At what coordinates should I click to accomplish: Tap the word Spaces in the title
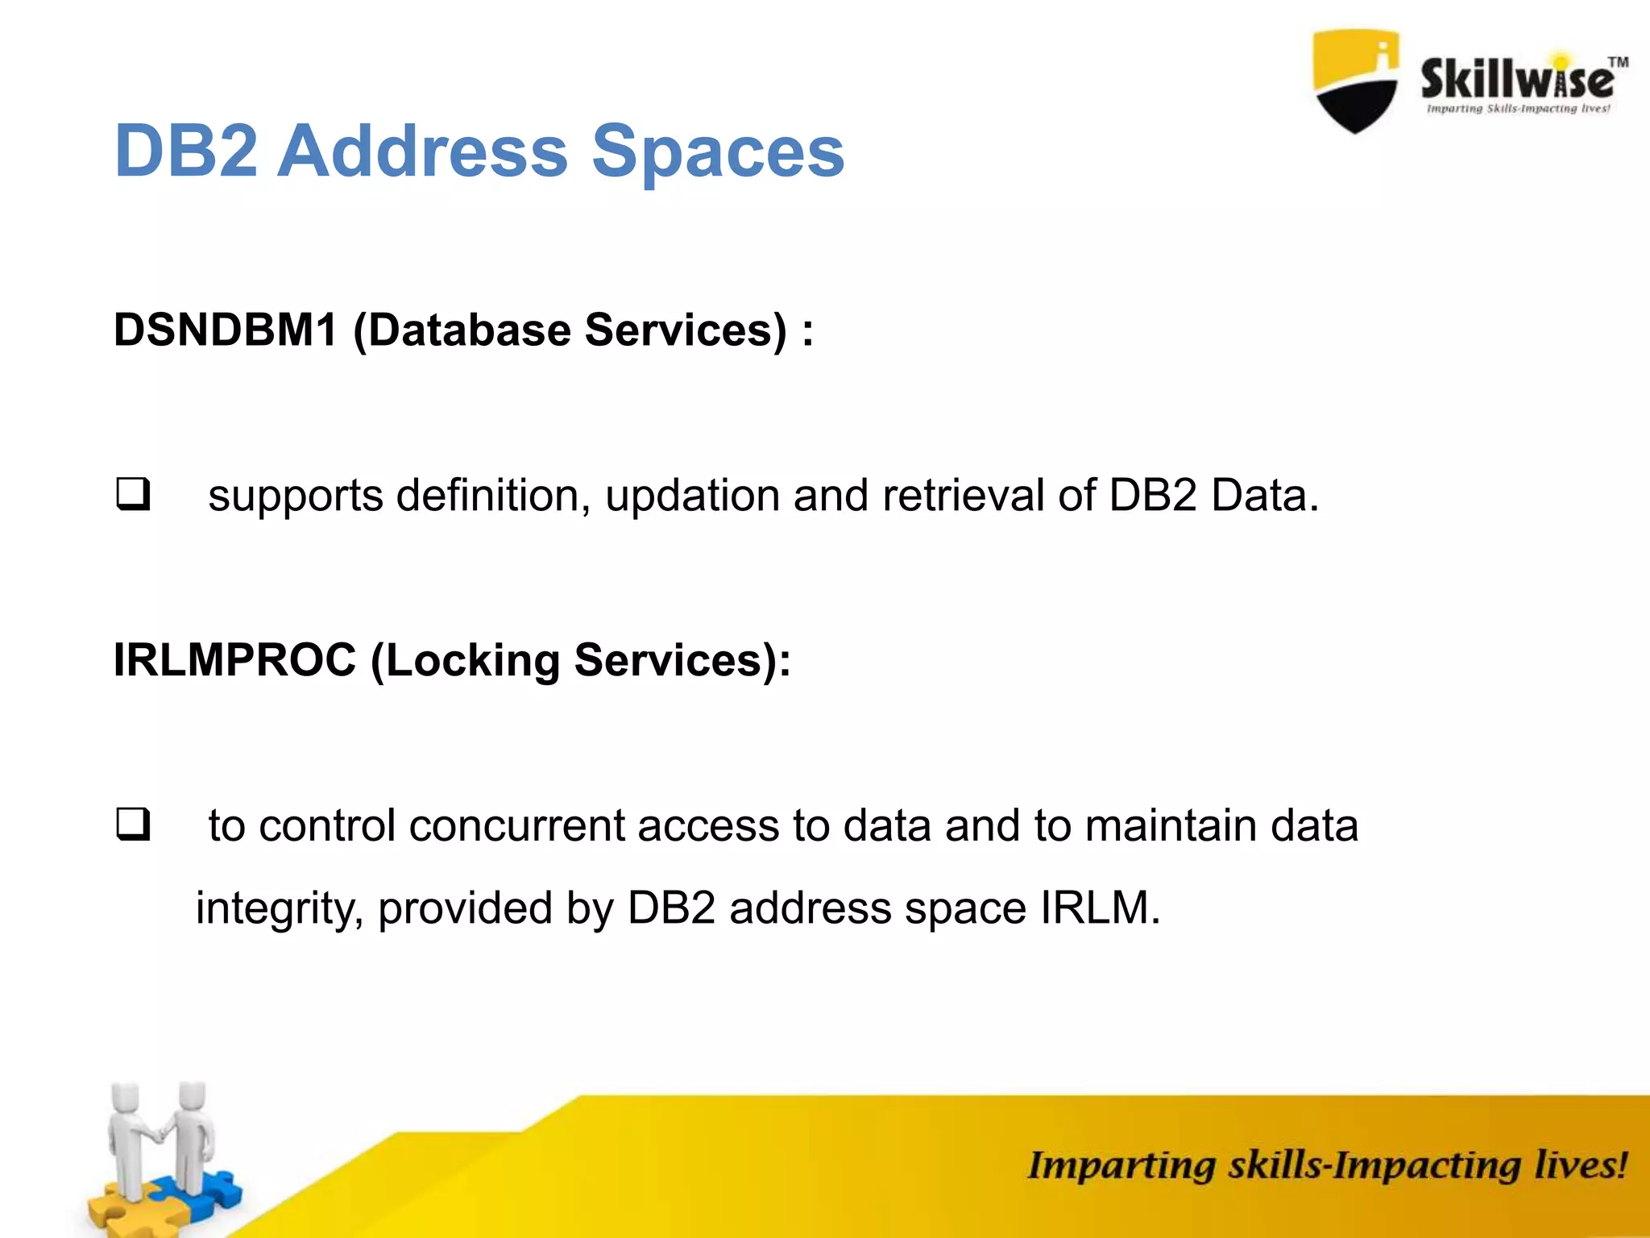point(718,153)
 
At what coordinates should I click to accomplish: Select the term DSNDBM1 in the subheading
point(225,330)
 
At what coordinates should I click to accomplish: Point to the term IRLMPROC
point(234,660)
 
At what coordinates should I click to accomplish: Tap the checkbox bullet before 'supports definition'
point(133,494)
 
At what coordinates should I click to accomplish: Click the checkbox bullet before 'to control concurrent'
point(133,825)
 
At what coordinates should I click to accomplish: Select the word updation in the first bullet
point(692,496)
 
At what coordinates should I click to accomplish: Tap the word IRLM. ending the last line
point(1100,908)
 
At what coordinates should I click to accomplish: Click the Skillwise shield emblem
point(1356,81)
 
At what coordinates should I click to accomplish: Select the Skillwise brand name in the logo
point(1515,79)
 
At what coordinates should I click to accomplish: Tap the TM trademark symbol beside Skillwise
point(1618,62)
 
